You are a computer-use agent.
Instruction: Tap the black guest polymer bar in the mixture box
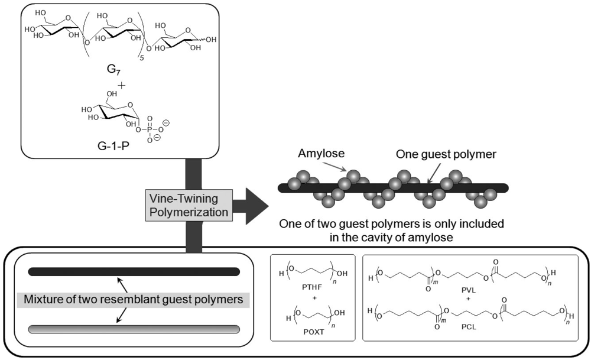point(134,271)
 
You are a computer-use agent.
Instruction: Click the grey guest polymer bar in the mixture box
point(134,329)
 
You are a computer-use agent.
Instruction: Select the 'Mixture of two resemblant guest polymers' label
point(134,300)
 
